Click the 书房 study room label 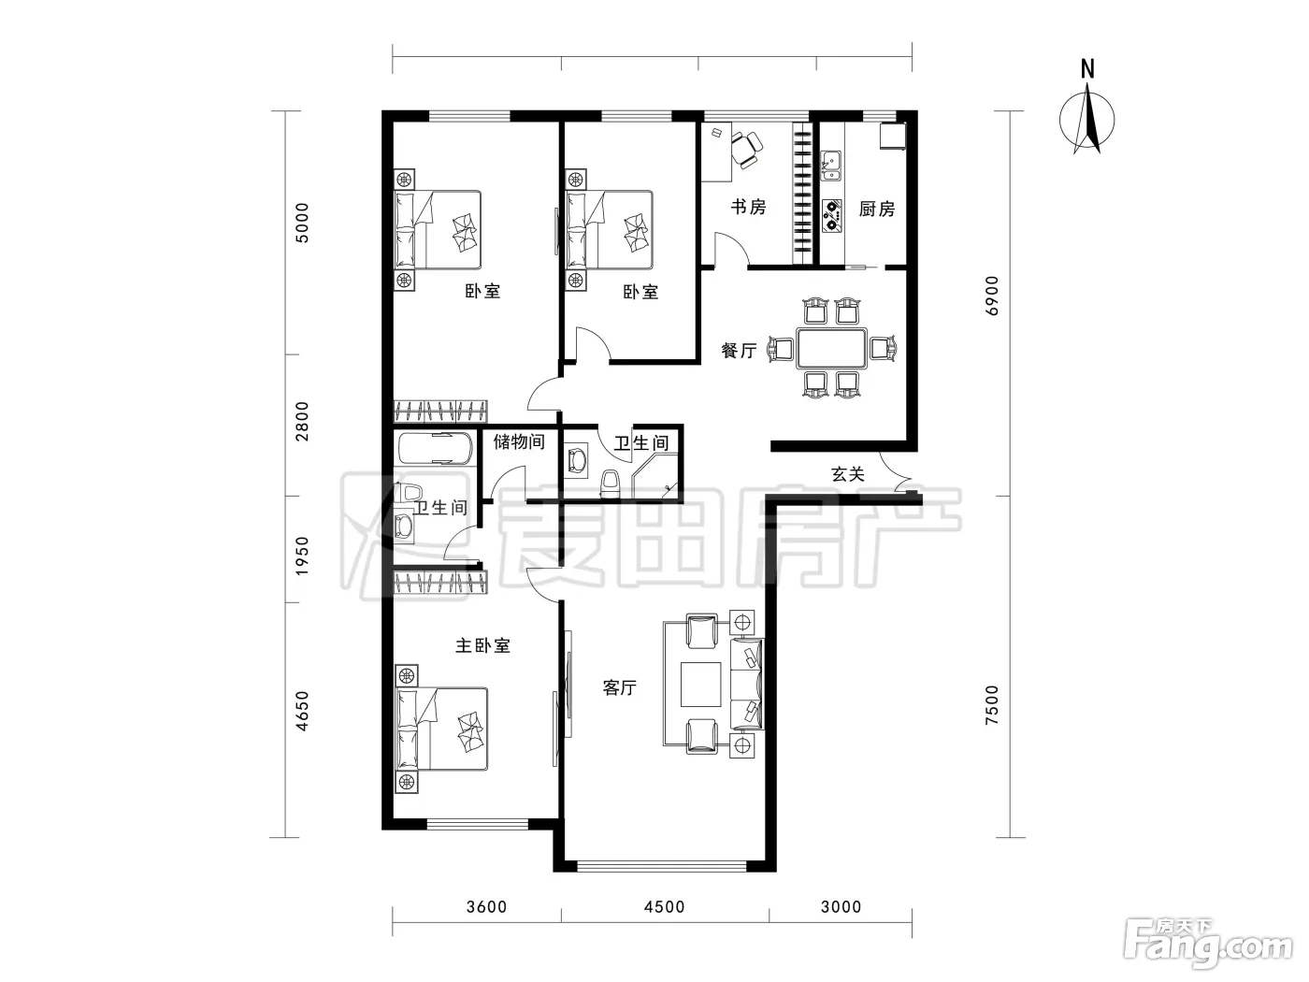tap(748, 207)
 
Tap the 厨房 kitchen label tap(877, 209)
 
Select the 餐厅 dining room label tap(739, 350)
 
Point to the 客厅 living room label tap(620, 687)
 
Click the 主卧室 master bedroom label tap(483, 645)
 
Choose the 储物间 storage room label tap(519, 441)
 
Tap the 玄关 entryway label tap(847, 474)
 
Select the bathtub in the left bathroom tap(436, 448)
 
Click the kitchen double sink tap(830, 166)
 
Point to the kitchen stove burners tap(831, 216)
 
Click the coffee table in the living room tap(700, 684)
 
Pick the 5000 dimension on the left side tap(303, 223)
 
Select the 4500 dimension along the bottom tap(665, 907)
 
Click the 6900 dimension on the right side tap(991, 296)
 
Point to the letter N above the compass tap(1087, 70)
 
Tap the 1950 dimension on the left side tap(303, 556)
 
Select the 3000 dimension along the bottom tap(841, 907)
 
